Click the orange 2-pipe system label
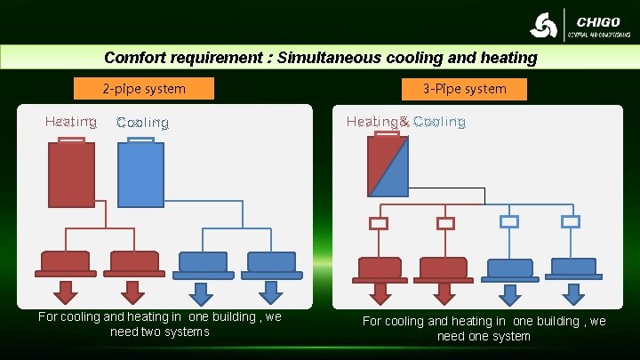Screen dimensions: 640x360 coord(144,88)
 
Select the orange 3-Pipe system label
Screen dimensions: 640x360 coord(465,88)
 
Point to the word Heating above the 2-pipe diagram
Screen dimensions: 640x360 coord(71,122)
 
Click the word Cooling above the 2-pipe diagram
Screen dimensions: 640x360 coord(142,123)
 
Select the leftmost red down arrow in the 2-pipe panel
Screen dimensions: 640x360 coord(66,292)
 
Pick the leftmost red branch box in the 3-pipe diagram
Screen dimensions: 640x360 coord(379,223)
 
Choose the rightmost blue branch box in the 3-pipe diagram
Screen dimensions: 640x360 coord(571,221)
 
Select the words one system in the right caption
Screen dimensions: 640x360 coord(498,336)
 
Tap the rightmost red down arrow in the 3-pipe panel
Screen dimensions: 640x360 coord(444,294)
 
